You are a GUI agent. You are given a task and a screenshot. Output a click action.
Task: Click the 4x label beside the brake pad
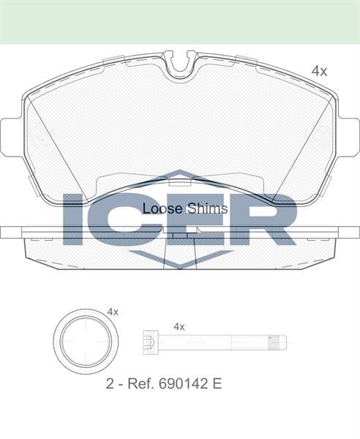click(318, 71)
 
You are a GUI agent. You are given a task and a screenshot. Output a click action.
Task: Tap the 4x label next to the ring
click(113, 312)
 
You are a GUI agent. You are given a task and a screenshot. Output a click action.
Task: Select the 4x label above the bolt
click(179, 326)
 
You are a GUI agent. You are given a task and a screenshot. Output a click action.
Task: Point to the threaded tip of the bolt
click(277, 342)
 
